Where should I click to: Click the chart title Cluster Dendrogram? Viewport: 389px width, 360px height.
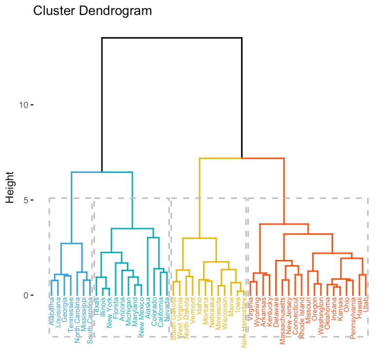pos(92,11)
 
